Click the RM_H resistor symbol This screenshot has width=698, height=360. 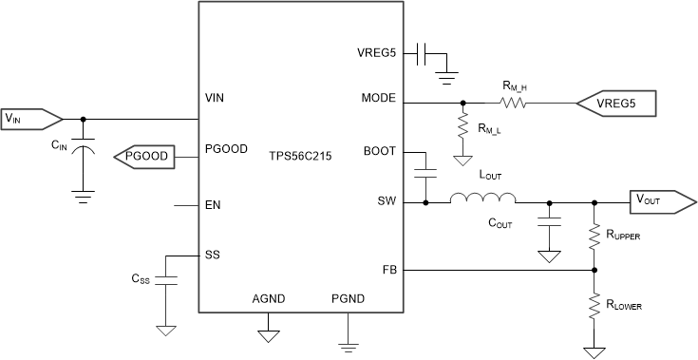click(514, 103)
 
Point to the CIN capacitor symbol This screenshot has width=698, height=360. click(85, 150)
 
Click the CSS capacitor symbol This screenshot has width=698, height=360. click(165, 282)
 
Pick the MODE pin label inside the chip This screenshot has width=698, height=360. click(380, 98)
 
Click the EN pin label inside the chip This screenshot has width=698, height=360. click(213, 204)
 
